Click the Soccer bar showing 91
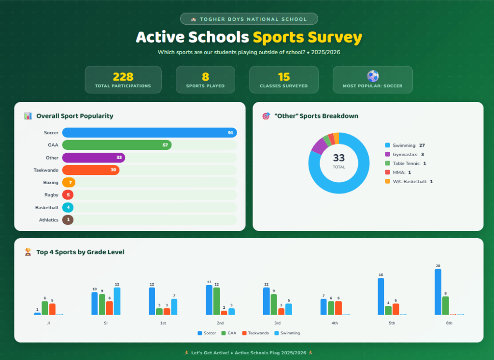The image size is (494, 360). [x=149, y=133]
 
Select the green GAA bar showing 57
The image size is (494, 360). [x=117, y=145]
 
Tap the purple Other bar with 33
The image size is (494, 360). [x=94, y=158]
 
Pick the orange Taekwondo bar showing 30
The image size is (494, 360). [x=91, y=170]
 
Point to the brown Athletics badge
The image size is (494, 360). [x=68, y=220]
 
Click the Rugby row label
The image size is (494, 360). [x=51, y=195]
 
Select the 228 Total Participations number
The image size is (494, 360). [x=123, y=77]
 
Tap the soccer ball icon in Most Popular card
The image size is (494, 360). [x=373, y=76]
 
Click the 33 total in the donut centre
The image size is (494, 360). [x=339, y=158]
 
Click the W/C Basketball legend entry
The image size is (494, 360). [x=409, y=181]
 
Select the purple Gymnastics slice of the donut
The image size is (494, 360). [x=320, y=145]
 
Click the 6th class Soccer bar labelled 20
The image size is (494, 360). [x=438, y=292]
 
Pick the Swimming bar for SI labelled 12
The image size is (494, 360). [x=117, y=301]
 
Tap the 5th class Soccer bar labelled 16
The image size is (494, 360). [x=381, y=296]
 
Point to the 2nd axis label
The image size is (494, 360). [x=220, y=323]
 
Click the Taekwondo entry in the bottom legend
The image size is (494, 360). [x=255, y=333]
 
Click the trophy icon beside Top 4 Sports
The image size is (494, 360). [x=28, y=252]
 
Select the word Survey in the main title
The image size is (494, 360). [x=335, y=38]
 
